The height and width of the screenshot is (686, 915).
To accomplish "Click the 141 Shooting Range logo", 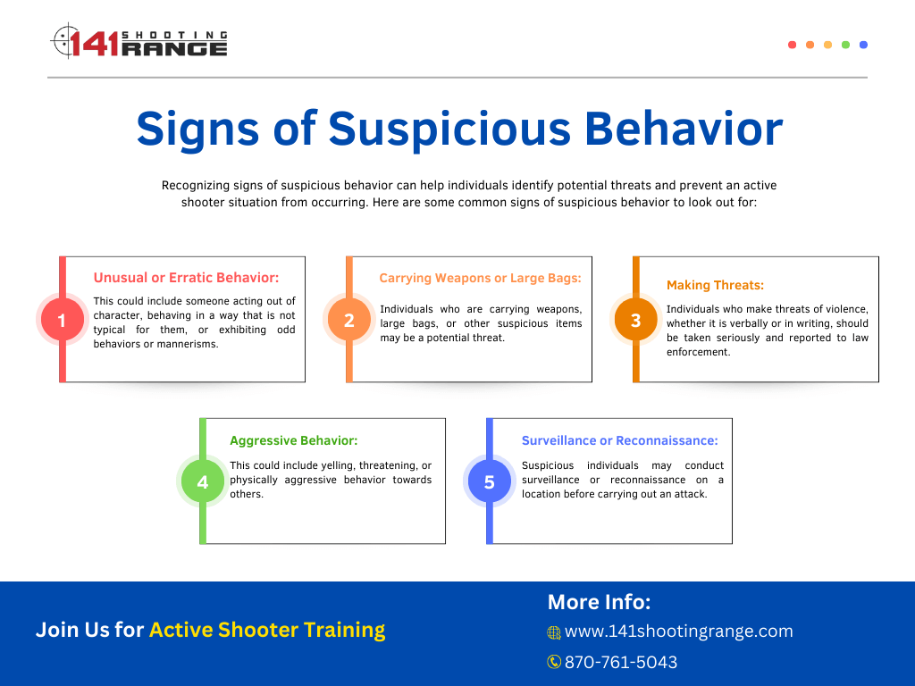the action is click(139, 41).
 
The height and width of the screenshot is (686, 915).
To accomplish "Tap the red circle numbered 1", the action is click(62, 319).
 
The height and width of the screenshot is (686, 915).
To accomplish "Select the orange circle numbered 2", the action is click(349, 319).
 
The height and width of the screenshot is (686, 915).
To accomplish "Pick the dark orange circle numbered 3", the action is click(635, 319).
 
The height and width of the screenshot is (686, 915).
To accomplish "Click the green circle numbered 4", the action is click(203, 481).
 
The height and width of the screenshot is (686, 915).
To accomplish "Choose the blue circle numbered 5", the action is click(490, 481).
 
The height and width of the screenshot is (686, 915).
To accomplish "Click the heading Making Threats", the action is click(715, 285).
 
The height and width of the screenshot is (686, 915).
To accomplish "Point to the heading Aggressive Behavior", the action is click(293, 440).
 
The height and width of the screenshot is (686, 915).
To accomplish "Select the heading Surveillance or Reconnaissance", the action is click(620, 440).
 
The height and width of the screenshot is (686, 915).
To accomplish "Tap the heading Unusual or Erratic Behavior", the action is click(186, 278).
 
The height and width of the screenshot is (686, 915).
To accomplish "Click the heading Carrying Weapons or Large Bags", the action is click(480, 279).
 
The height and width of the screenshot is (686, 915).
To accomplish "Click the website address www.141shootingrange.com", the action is click(679, 632).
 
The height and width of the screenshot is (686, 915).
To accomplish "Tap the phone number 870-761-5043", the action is click(621, 662).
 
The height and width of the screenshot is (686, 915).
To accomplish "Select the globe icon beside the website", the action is click(554, 632).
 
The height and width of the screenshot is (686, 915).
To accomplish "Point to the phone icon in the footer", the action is click(554, 662).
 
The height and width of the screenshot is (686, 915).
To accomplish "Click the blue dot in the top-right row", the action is click(864, 45).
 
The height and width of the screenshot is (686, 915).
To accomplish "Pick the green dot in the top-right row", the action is click(845, 45).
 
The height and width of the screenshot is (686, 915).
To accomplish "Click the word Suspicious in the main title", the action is click(449, 130).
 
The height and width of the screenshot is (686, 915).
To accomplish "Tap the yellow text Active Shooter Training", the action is click(267, 630).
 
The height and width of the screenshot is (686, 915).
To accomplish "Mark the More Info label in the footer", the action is click(599, 602).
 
